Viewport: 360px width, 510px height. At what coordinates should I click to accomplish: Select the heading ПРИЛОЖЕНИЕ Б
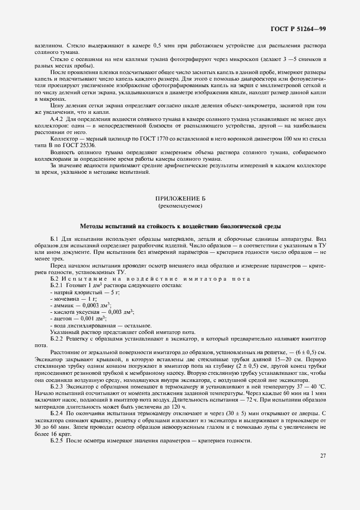pos(180,200)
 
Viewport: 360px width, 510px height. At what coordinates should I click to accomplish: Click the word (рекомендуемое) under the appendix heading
pos(180,207)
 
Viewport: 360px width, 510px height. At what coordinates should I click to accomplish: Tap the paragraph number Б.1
pos(55,240)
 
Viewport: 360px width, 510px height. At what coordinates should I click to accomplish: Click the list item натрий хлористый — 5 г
pos(75,293)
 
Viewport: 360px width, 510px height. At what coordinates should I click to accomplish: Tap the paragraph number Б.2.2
pos(58,338)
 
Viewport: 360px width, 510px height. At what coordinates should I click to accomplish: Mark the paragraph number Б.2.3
pos(58,386)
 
